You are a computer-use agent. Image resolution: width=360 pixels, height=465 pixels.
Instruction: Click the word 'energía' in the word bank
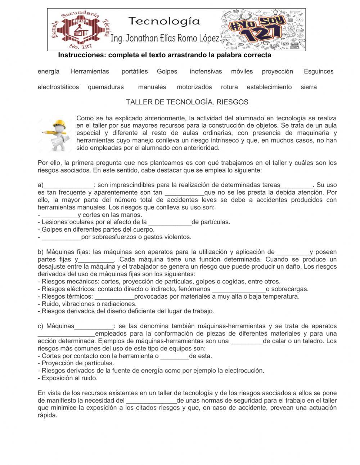(49, 71)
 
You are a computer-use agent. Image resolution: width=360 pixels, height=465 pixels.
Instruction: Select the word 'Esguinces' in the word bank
(319, 71)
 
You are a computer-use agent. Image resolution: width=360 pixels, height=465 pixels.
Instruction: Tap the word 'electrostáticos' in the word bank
(58, 87)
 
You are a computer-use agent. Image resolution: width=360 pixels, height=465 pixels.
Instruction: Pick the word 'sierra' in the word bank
(309, 87)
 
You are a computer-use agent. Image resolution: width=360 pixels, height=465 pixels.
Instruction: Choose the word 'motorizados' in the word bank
(194, 87)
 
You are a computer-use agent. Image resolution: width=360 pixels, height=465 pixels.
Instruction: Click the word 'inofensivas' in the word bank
(206, 71)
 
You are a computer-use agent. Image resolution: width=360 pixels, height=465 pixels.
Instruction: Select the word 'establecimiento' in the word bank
(269, 87)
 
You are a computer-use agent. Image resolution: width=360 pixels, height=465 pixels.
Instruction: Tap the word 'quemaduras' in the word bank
(106, 87)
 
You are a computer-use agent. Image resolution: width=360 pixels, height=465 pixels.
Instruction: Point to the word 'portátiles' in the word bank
(135, 71)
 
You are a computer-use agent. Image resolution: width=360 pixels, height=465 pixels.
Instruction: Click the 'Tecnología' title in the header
(164, 21)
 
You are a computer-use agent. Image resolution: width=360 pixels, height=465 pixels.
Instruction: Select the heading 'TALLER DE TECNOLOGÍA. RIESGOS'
(187, 102)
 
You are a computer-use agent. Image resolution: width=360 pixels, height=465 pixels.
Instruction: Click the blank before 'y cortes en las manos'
(60, 215)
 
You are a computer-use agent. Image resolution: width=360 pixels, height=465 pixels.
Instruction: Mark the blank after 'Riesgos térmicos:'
(114, 297)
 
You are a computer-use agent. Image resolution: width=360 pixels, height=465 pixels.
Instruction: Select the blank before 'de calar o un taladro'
(247, 341)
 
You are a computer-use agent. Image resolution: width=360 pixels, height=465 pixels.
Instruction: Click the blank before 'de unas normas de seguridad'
(151, 401)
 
